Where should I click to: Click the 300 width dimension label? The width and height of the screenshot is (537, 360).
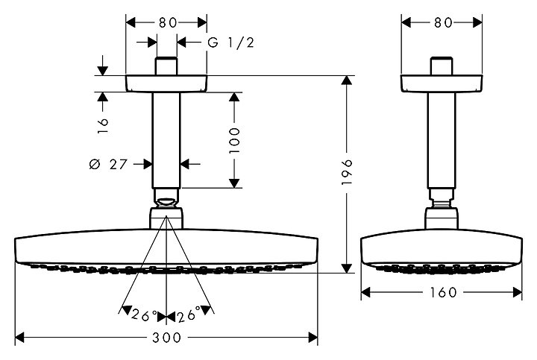coord(166,338)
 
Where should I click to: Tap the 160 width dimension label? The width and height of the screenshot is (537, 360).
coord(443,292)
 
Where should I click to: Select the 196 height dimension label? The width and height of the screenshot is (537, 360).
coord(347,171)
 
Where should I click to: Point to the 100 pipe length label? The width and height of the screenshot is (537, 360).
coord(235,140)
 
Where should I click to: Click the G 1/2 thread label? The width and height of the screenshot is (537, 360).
coord(231,42)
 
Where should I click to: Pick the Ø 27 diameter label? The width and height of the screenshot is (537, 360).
coord(108,164)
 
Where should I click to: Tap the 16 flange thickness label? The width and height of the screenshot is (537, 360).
coord(102,126)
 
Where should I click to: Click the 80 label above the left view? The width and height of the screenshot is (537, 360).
coord(168,22)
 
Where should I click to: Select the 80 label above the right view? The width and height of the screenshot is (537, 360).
coord(443,22)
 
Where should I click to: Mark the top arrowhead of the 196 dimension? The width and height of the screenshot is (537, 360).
coord(347,80)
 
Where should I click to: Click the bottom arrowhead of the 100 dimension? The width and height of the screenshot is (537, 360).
coord(235,183)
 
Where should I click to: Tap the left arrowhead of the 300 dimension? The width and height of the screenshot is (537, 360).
coord(20,338)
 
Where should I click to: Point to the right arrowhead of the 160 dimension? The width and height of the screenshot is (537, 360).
coord(517,292)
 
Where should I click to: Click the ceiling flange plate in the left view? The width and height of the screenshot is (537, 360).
coord(166,83)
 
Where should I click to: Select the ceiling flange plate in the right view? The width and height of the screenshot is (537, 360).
coord(442,83)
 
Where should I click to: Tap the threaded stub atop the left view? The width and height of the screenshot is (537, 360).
coord(166,66)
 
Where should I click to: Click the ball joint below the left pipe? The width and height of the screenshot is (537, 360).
coord(166,202)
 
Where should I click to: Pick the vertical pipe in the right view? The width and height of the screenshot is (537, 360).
coord(442,140)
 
